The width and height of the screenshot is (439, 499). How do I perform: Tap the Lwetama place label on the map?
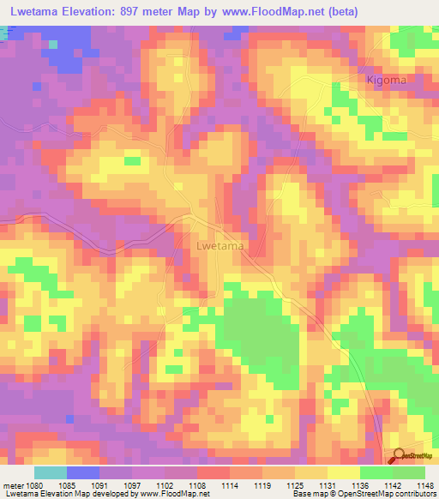(x=220, y=246)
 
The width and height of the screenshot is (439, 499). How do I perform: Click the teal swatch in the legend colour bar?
(x=51, y=472)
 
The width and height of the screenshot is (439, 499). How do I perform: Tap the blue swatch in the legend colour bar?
(x=83, y=472)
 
